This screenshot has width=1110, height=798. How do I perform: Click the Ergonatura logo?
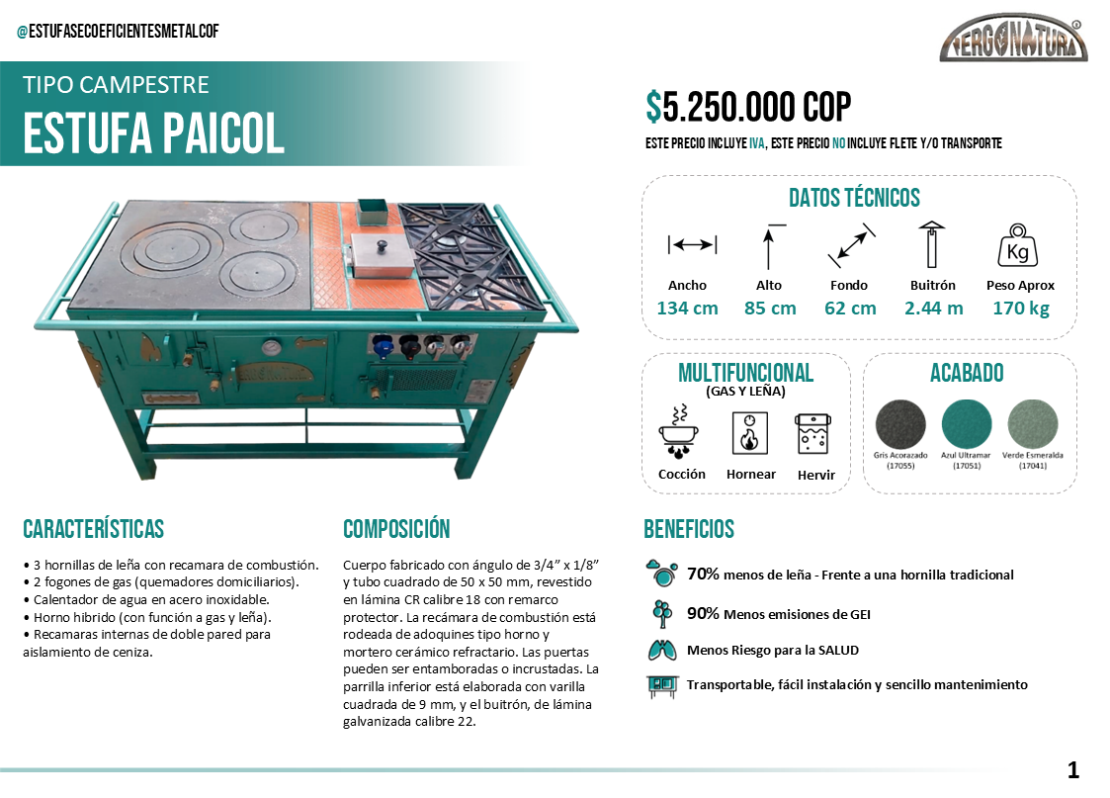pos(1013,40)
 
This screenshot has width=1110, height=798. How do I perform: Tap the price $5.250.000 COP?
pos(748,107)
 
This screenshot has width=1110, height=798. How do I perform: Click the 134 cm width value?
pos(687,308)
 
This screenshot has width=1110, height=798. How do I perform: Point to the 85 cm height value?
pos(769,308)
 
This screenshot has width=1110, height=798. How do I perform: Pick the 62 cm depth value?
pos(850,308)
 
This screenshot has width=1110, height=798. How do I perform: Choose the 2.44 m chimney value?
pos(933,308)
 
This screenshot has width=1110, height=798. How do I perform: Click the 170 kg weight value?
pos(1020,308)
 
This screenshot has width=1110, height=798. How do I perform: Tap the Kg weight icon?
pos(1017,247)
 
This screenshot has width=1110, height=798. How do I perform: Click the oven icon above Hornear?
pos(750,433)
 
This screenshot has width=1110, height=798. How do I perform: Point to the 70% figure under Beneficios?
pos(703,574)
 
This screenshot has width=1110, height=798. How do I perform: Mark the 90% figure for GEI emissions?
pos(703,613)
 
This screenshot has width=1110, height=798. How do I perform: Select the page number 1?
pos(1073,770)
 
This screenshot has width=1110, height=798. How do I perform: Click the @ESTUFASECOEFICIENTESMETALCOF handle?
pos(118,32)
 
